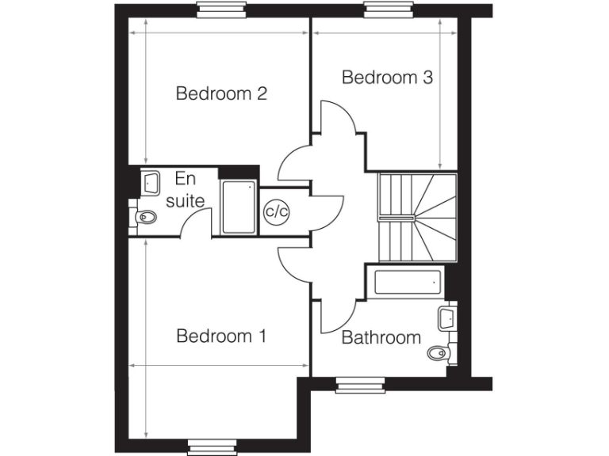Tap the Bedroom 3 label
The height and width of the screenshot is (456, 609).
[x=387, y=78]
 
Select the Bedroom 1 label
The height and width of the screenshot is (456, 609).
[x=220, y=336]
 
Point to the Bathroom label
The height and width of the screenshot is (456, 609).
[x=381, y=338]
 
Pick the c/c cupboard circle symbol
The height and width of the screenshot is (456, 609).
[x=276, y=211]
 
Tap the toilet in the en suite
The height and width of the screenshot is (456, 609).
[x=144, y=215]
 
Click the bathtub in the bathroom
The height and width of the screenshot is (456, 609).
[x=405, y=282]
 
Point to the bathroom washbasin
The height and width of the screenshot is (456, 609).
[x=446, y=318]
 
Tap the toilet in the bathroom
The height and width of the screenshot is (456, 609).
[x=439, y=352]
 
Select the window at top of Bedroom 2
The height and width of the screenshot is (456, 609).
[x=217, y=9]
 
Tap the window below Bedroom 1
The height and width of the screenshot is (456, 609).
[x=213, y=448]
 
